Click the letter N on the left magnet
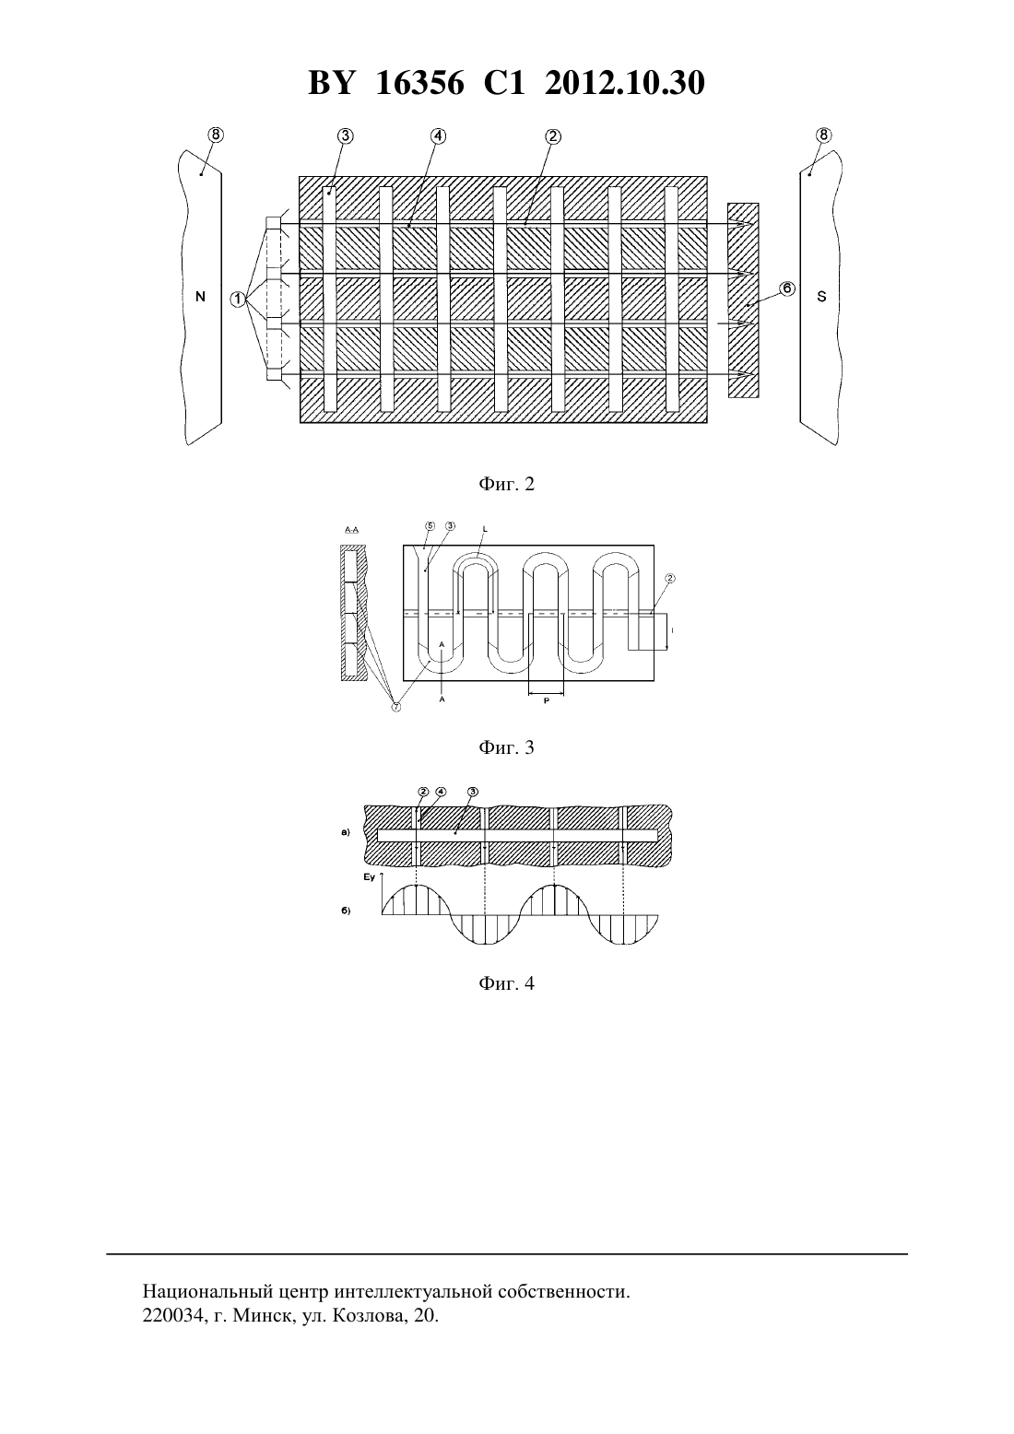click(x=200, y=297)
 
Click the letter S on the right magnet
click(x=822, y=297)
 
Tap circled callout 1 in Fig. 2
click(x=238, y=299)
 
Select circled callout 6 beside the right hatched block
click(x=786, y=288)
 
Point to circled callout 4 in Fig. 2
click(x=438, y=136)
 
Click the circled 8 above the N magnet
click(x=216, y=135)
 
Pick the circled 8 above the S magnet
click(x=824, y=135)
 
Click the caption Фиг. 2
click(x=506, y=484)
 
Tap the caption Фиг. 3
click(x=506, y=747)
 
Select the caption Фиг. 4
click(x=506, y=983)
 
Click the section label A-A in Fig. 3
click(x=351, y=530)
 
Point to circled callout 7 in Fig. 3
click(x=396, y=707)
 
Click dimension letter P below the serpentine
click(x=546, y=701)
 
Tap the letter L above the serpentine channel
click(x=485, y=528)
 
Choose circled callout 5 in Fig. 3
click(x=430, y=525)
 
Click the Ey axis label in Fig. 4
click(x=369, y=877)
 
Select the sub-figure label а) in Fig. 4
click(x=346, y=833)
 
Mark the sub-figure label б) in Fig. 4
click(x=346, y=911)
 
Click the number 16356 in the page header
click(x=419, y=83)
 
